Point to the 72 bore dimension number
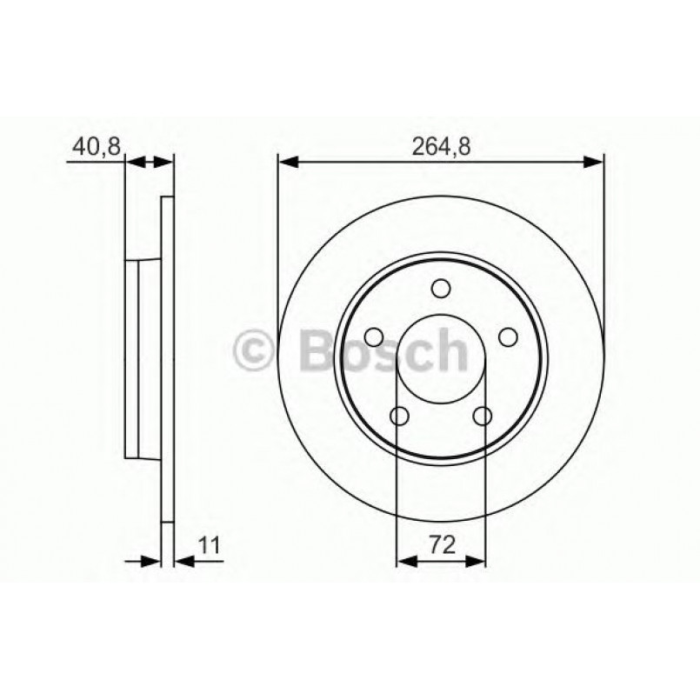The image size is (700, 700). click(441, 546)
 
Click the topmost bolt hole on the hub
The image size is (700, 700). click(441, 289)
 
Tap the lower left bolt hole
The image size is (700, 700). click(399, 417)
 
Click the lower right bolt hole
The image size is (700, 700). click(482, 417)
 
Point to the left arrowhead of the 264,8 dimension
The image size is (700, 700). click(288, 161)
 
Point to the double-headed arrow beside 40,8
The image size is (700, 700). click(150, 161)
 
